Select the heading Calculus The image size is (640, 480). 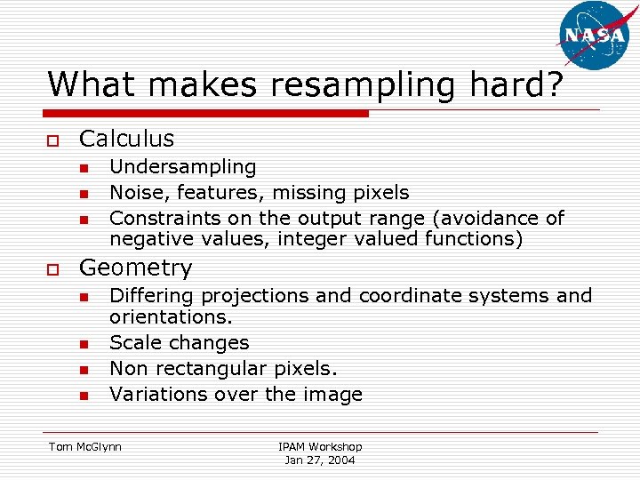pos(126,139)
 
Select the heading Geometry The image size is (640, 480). pos(135,268)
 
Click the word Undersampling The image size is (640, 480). pos(182,167)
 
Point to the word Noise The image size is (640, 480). pos(137,193)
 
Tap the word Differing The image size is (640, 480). pos(151,296)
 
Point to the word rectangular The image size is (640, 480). pos(215,368)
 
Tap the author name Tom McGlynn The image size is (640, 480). pos(85,446)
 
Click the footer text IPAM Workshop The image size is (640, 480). pos(320,446)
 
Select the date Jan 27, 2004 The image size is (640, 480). pos(320,460)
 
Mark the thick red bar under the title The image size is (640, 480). pos(208,114)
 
